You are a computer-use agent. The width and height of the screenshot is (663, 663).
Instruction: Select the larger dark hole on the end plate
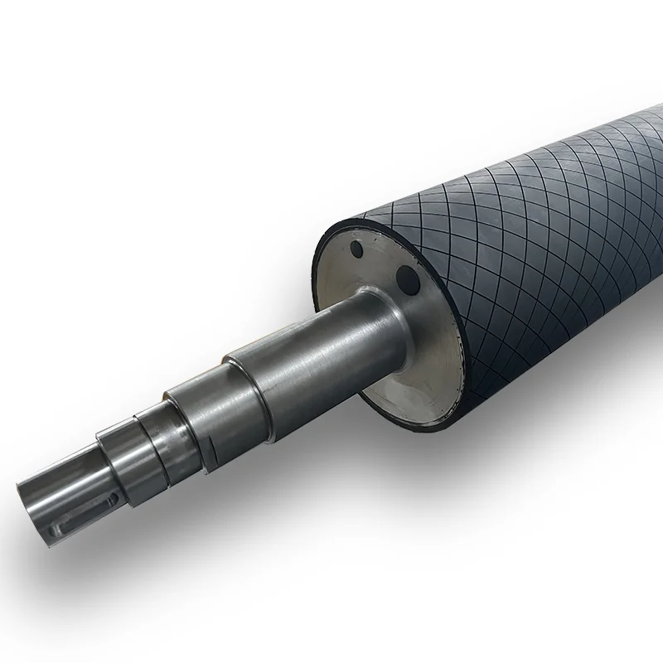click(x=408, y=277)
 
